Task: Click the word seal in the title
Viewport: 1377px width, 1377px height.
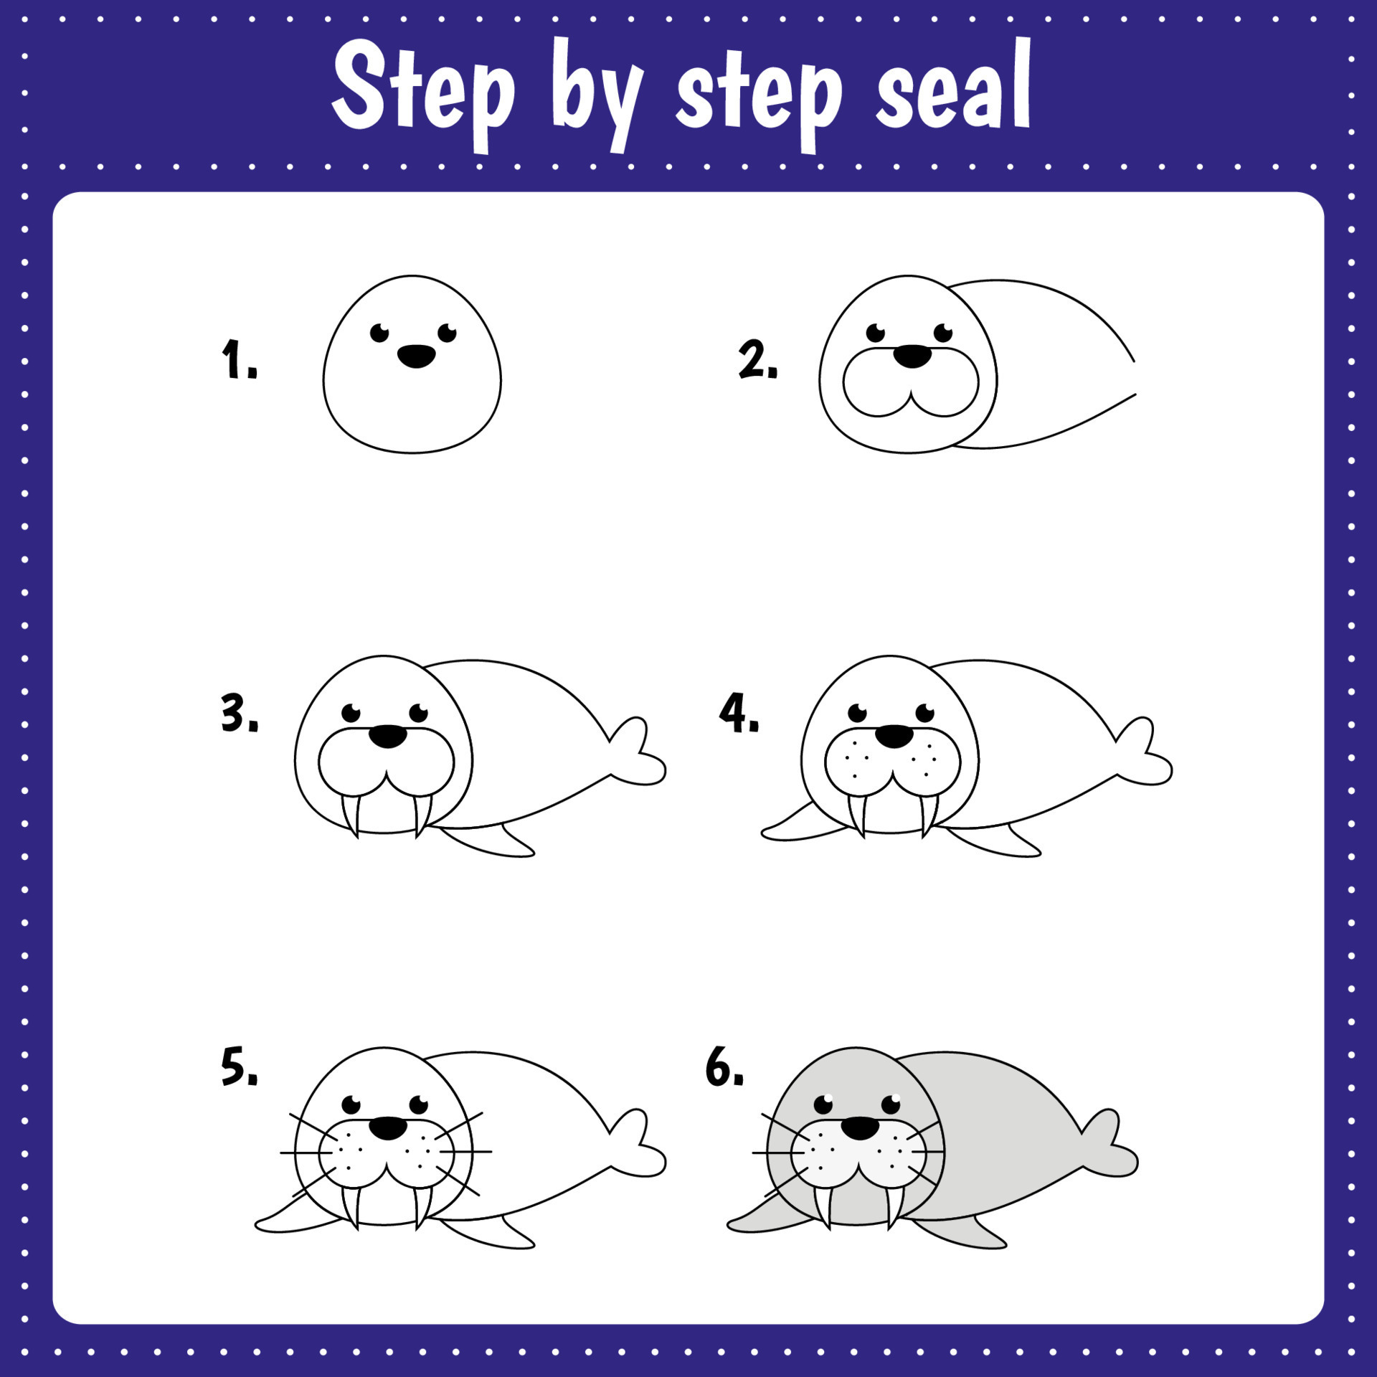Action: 953,90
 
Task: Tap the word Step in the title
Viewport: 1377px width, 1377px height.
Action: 423,93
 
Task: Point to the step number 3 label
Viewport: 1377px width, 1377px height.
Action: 239,714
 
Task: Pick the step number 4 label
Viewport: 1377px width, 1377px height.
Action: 739,714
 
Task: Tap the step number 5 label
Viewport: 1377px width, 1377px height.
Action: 239,1066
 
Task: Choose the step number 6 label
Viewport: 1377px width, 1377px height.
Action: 724,1066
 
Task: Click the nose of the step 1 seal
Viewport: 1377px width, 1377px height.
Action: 416,356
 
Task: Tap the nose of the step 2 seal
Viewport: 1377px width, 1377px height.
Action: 912,356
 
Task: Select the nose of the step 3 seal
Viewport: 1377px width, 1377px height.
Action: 388,736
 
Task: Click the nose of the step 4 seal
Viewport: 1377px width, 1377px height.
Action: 894,736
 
